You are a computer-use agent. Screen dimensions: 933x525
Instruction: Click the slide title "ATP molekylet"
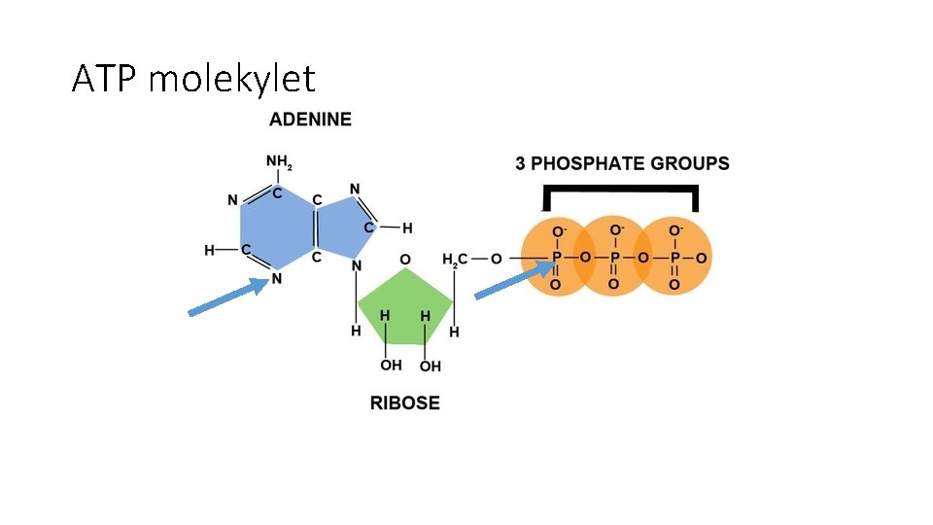pyautogui.click(x=193, y=78)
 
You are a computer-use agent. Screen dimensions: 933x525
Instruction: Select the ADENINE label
pyautogui.click(x=310, y=121)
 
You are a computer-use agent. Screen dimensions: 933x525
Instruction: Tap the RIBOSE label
pyautogui.click(x=404, y=402)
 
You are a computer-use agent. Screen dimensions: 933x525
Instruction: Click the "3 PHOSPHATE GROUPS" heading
pyautogui.click(x=622, y=163)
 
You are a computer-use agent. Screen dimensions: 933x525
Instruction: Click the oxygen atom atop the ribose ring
pyautogui.click(x=405, y=260)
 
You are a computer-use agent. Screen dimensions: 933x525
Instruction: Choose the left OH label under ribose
pyautogui.click(x=391, y=366)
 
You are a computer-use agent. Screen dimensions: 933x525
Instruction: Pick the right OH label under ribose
pyautogui.click(x=430, y=366)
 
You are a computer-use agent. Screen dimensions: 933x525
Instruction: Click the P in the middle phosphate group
pyautogui.click(x=613, y=259)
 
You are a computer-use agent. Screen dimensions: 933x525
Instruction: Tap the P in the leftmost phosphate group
pyautogui.click(x=556, y=259)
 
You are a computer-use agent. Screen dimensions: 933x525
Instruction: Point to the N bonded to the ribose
pyautogui.click(x=357, y=265)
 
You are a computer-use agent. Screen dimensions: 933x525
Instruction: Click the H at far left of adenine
pyautogui.click(x=209, y=250)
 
